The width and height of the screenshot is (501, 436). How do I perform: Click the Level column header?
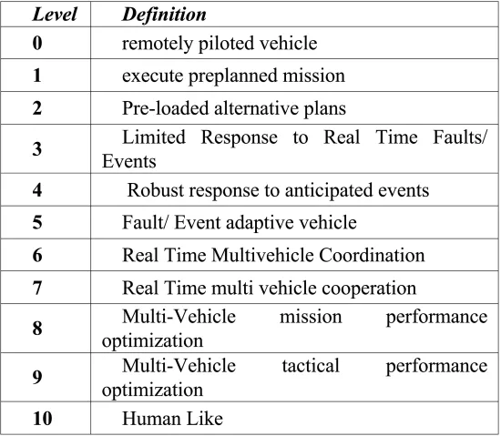click(55, 15)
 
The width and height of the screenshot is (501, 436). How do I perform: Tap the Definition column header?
click(164, 15)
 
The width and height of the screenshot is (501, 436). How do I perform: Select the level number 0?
click(37, 43)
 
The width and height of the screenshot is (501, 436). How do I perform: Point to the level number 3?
click(37, 149)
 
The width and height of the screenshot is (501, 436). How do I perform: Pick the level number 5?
click(37, 222)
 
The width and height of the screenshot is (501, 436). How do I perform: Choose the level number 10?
click(43, 419)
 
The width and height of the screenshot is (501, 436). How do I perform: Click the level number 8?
click(37, 328)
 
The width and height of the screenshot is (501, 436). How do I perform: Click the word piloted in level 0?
click(226, 44)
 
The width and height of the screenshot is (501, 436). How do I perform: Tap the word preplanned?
click(233, 76)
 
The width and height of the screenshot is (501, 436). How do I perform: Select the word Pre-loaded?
click(166, 108)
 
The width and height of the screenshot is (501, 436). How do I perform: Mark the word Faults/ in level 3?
click(460, 137)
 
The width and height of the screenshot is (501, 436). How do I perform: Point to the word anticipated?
click(329, 191)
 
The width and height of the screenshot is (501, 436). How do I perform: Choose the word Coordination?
click(372, 256)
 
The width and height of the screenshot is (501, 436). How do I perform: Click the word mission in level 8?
click(311, 317)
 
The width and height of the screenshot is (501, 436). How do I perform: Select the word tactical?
click(311, 366)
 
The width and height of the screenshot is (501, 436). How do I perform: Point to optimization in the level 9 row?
click(152, 390)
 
